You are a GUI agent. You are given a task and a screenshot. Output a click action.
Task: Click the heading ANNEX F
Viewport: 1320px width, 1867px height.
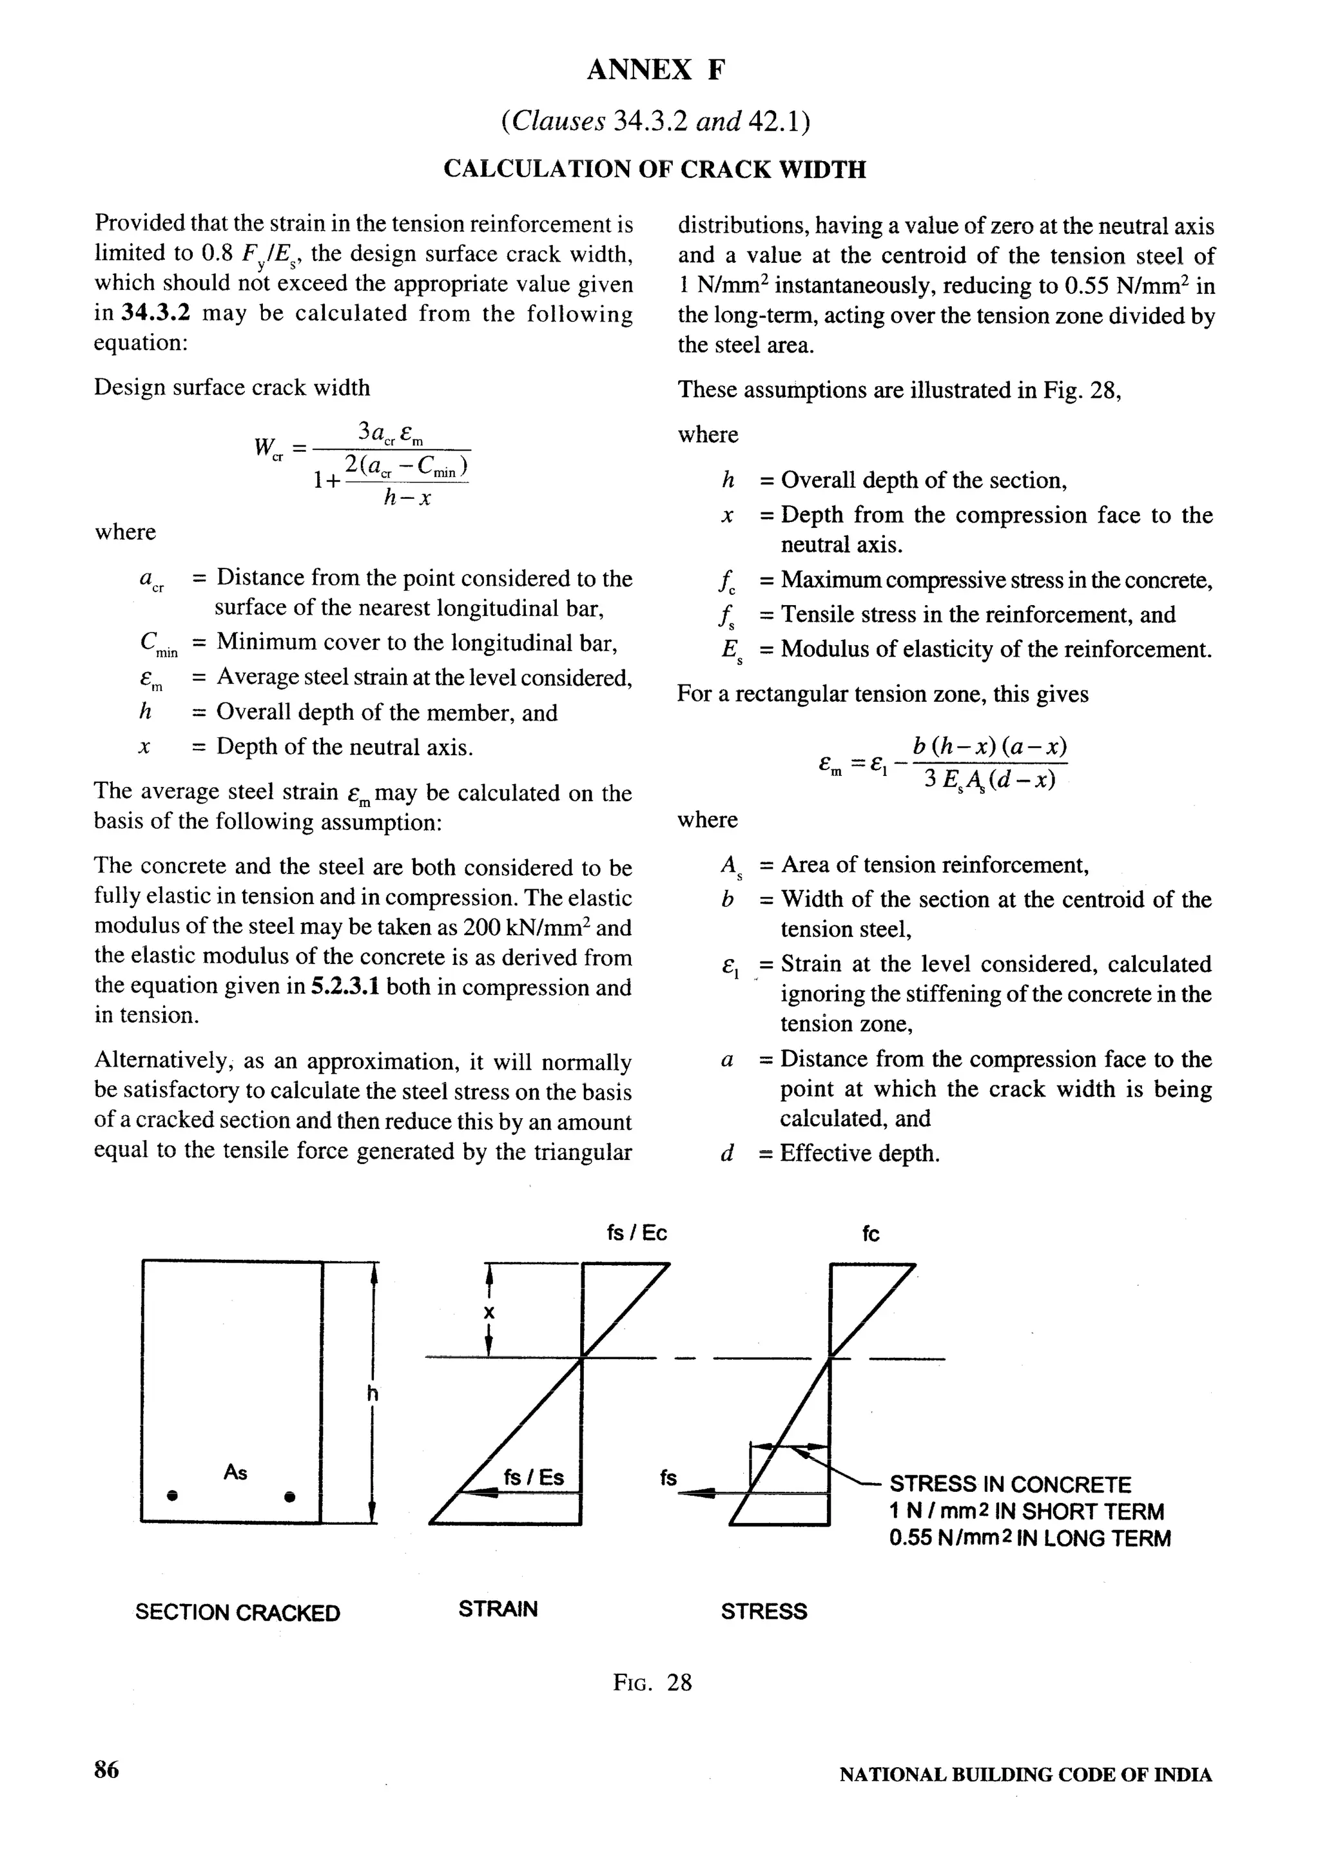coord(655,71)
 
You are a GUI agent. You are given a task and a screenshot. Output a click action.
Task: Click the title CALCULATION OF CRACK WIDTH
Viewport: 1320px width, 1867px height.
coord(655,169)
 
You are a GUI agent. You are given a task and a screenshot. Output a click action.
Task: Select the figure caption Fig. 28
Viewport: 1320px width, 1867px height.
coord(652,1681)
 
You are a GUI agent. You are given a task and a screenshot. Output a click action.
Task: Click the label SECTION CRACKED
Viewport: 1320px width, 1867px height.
coord(237,1612)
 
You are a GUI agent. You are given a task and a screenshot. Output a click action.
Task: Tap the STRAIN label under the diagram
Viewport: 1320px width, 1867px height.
coord(498,1609)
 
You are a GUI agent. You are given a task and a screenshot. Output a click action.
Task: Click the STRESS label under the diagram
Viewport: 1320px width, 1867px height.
coord(764,1611)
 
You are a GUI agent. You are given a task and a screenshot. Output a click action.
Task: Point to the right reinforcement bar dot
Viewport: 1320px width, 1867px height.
coord(289,1496)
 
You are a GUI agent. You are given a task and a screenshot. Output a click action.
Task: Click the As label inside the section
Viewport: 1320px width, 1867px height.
coord(235,1473)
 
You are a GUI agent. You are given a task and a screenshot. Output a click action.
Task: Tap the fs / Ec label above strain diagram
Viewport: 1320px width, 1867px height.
coord(637,1233)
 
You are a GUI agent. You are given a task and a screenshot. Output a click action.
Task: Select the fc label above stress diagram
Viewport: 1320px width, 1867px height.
coord(870,1234)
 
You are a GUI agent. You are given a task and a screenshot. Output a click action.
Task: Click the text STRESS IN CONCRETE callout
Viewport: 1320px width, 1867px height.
coord(1010,1485)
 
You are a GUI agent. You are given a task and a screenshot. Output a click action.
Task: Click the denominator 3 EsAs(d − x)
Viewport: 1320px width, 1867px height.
coord(990,780)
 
